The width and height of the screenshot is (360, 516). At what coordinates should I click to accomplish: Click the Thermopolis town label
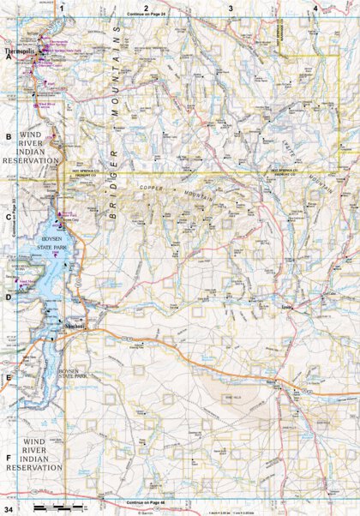19,52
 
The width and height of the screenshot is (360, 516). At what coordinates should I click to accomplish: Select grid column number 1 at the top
62,9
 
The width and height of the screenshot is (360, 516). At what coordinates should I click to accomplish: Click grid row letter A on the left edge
9,57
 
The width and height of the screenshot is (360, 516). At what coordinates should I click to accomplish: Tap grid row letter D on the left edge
9,297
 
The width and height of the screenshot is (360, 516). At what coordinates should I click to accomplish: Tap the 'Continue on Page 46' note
147,501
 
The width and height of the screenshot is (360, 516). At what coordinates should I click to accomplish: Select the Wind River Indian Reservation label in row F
34,455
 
